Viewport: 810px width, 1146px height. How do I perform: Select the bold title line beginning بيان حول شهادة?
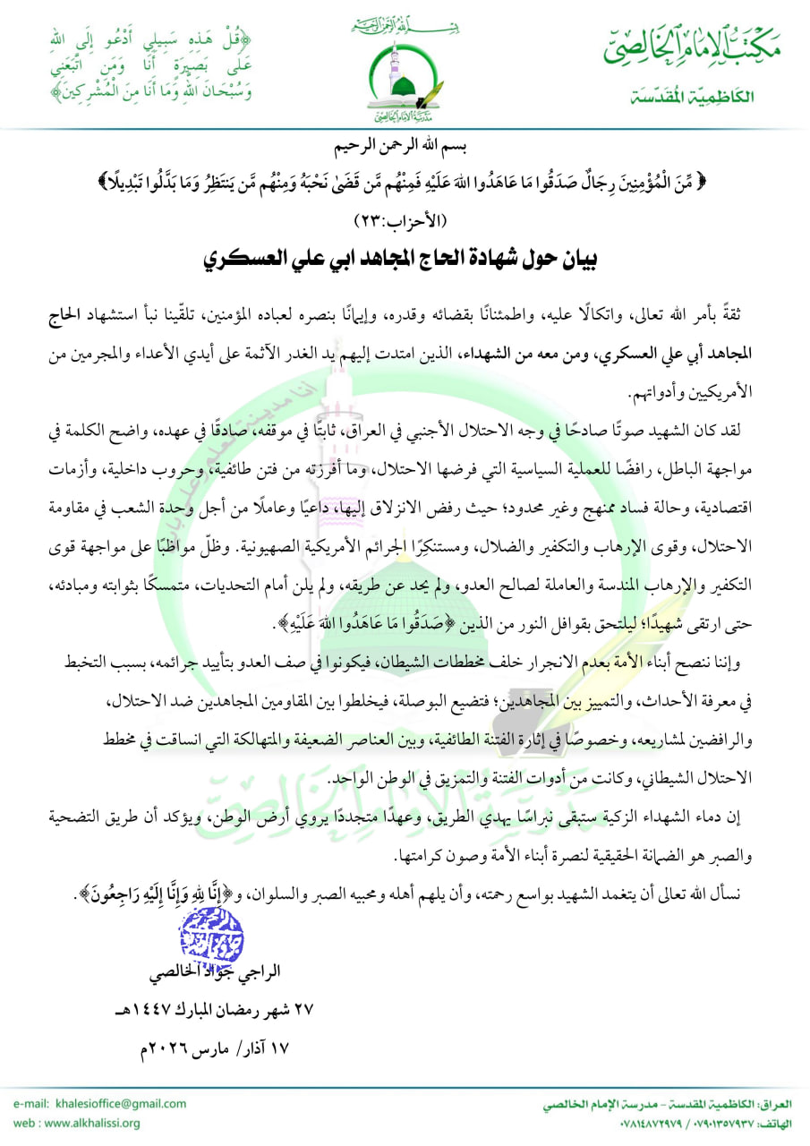(405, 261)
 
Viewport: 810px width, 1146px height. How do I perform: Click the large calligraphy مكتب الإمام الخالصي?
(689, 50)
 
